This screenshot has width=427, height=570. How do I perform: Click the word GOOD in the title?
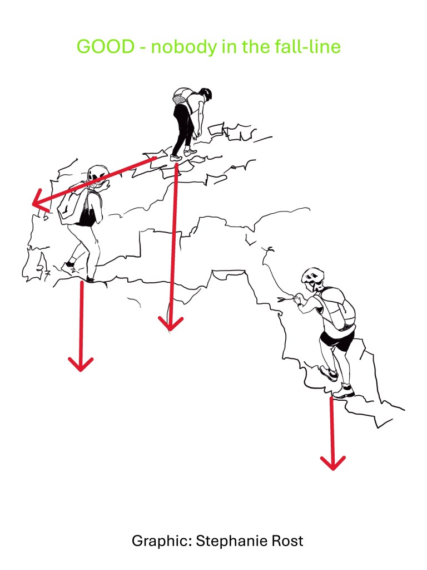click(x=106, y=47)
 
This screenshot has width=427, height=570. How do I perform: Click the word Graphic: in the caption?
click(x=162, y=541)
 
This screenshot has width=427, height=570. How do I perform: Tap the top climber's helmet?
click(x=206, y=94)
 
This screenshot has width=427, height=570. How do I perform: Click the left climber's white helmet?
click(x=98, y=174)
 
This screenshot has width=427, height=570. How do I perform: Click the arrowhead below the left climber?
click(x=81, y=364)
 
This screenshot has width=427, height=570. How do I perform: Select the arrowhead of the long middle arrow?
click(x=170, y=323)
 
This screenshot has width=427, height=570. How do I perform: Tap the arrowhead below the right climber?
click(x=332, y=463)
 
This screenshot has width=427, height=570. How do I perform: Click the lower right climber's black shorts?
click(x=336, y=341)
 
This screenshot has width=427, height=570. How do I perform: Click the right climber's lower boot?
click(x=344, y=391)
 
